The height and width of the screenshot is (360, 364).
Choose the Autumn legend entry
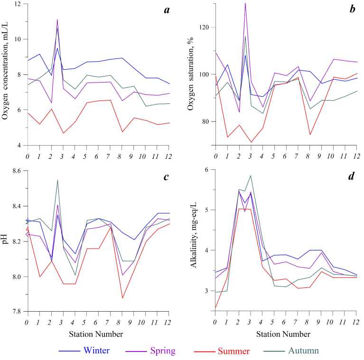303,351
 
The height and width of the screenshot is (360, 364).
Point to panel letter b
352,9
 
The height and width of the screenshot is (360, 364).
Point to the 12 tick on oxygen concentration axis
19,4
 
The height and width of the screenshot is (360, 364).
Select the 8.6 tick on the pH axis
16,171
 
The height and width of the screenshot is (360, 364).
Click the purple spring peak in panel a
57,19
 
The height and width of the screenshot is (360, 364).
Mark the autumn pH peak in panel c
57,180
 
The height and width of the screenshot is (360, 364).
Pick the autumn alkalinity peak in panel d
250,175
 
